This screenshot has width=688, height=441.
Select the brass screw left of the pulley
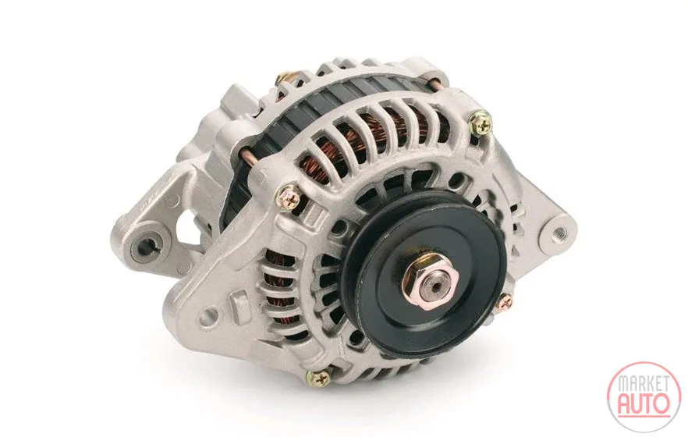pyautogui.click(x=289, y=197)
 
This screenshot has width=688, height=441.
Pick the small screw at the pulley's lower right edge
pyautogui.click(x=505, y=302)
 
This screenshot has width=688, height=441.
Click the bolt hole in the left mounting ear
pyautogui.click(x=147, y=247)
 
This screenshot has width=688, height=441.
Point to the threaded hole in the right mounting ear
pyautogui.click(x=559, y=233)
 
